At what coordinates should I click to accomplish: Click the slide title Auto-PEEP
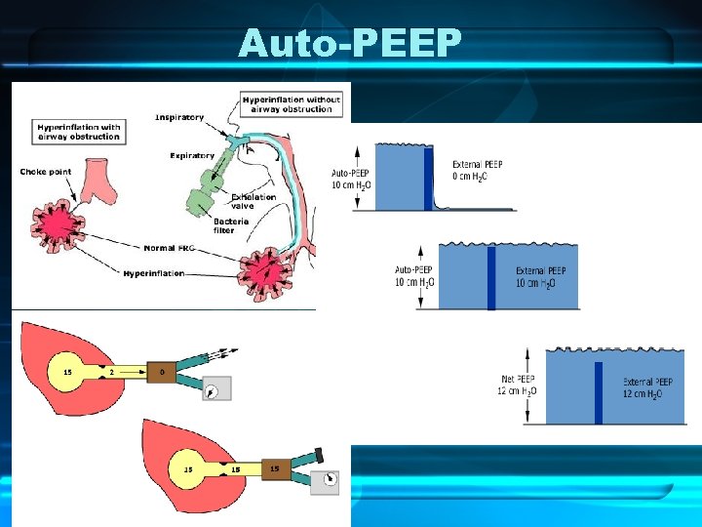click(x=351, y=44)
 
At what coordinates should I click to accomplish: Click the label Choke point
click(x=45, y=172)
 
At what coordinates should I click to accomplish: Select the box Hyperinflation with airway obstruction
click(x=79, y=132)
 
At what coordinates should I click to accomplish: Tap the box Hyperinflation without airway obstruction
click(x=292, y=104)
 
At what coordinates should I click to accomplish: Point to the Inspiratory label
click(x=179, y=118)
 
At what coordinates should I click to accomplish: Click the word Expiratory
click(x=191, y=155)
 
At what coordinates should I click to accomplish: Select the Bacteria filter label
click(x=235, y=224)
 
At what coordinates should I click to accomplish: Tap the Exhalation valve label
click(x=253, y=201)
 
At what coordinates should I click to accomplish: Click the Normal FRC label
click(x=170, y=248)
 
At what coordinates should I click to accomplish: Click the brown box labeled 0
click(x=161, y=372)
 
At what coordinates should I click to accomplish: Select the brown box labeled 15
click(x=274, y=469)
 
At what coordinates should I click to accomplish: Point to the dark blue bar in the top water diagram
click(x=428, y=178)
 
